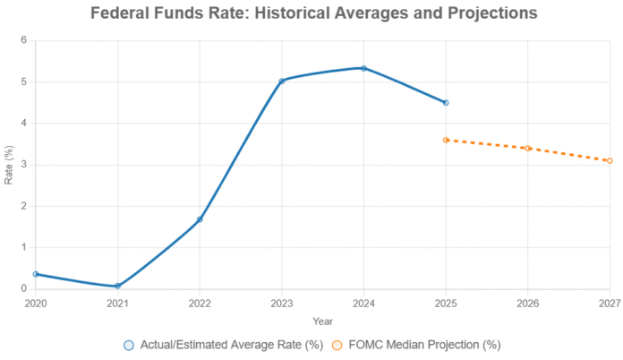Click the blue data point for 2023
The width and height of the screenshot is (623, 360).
point(282,81)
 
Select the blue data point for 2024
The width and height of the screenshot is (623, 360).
point(363,68)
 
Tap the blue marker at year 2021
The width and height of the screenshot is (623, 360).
point(117,286)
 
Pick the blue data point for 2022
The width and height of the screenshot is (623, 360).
point(200,219)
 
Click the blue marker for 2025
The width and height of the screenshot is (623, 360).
point(446,103)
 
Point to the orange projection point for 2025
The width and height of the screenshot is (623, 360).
point(446,140)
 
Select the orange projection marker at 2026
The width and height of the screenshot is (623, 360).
point(528,149)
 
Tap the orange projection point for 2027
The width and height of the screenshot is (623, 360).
point(610,161)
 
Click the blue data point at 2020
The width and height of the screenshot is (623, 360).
point(36,274)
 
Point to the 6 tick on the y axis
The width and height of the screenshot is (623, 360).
point(24,41)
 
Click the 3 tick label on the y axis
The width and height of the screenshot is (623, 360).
point(24,165)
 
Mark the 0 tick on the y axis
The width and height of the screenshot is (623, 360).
point(24,288)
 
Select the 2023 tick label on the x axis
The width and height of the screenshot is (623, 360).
point(282,303)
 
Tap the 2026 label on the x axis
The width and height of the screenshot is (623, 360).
point(528,303)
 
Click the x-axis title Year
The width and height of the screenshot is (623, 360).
point(322,320)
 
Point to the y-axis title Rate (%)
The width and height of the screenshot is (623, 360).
point(9,165)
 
